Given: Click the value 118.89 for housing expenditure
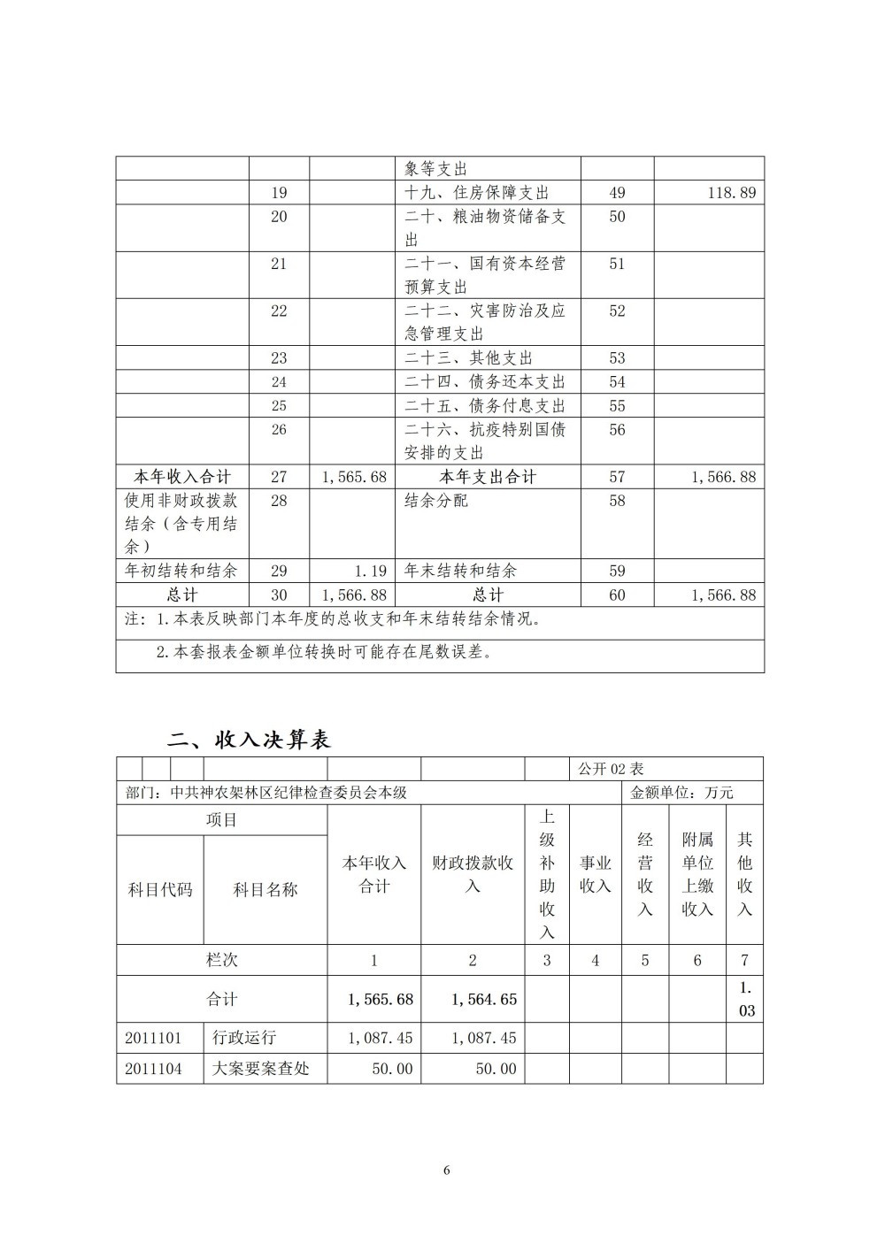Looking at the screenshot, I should tap(732, 193).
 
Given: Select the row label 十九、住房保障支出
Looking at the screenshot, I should tap(476, 193).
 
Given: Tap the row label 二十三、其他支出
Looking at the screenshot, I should tap(468, 358).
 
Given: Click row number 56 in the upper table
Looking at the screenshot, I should tap(617, 430).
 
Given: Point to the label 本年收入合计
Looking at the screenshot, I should tap(181, 477).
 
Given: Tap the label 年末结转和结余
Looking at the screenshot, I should tap(460, 572).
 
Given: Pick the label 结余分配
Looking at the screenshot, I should tap(436, 501).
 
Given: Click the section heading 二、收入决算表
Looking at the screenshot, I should tap(249, 740).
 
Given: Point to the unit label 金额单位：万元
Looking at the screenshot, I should tap(681, 793).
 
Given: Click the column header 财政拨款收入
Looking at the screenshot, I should tap(473, 874).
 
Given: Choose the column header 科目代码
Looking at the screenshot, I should tap(160, 890).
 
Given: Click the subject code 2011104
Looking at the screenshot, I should tap(153, 1069).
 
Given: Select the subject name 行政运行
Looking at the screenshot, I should tap(244, 1038).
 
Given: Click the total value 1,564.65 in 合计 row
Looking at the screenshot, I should tap(483, 1000).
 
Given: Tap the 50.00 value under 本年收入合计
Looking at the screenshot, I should tap(392, 1069).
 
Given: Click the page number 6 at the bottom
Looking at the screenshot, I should tap(446, 1170).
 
